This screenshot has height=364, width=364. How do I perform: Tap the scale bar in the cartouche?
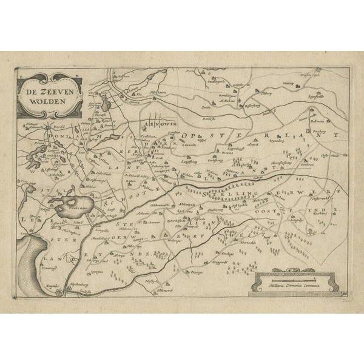point(295,278)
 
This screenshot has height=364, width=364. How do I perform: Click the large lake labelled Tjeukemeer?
point(72,206)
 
